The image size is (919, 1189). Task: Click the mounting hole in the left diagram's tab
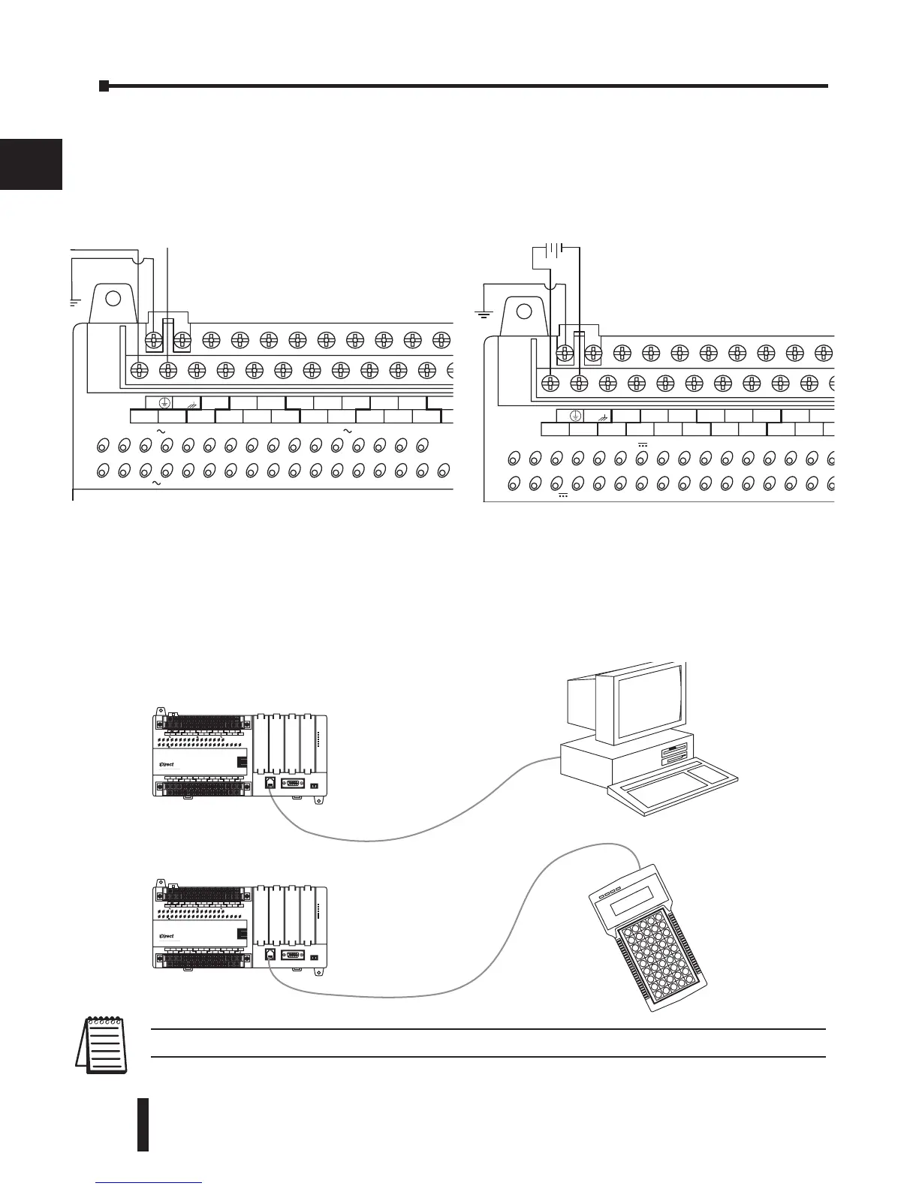click(x=113, y=297)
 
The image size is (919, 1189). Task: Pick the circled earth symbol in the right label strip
click(x=575, y=415)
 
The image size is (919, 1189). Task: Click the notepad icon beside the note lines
click(x=104, y=1043)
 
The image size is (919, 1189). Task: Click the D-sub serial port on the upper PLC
click(x=292, y=783)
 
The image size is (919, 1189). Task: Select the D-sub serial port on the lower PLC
click(x=292, y=956)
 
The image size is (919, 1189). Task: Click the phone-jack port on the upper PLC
click(x=269, y=783)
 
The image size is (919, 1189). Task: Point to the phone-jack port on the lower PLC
click(x=269, y=956)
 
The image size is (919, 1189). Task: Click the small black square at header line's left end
click(x=104, y=86)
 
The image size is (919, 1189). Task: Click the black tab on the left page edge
click(x=30, y=164)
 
